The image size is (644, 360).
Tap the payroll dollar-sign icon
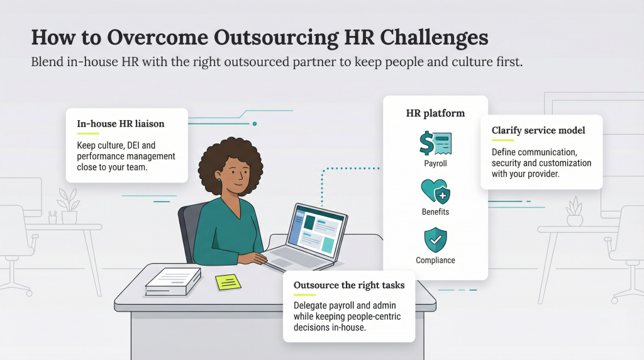[435, 143]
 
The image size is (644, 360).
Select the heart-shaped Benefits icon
[435, 191]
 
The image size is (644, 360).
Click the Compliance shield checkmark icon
[435, 240]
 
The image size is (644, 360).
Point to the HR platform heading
[435, 114]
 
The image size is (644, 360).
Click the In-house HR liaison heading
[120, 124]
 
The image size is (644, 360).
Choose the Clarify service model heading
[538, 131]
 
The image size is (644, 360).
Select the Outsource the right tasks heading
[349, 286]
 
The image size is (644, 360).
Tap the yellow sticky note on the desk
[228, 282]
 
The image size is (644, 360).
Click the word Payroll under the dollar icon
[435, 164]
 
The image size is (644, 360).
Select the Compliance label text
[435, 261]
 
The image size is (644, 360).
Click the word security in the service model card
[507, 163]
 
